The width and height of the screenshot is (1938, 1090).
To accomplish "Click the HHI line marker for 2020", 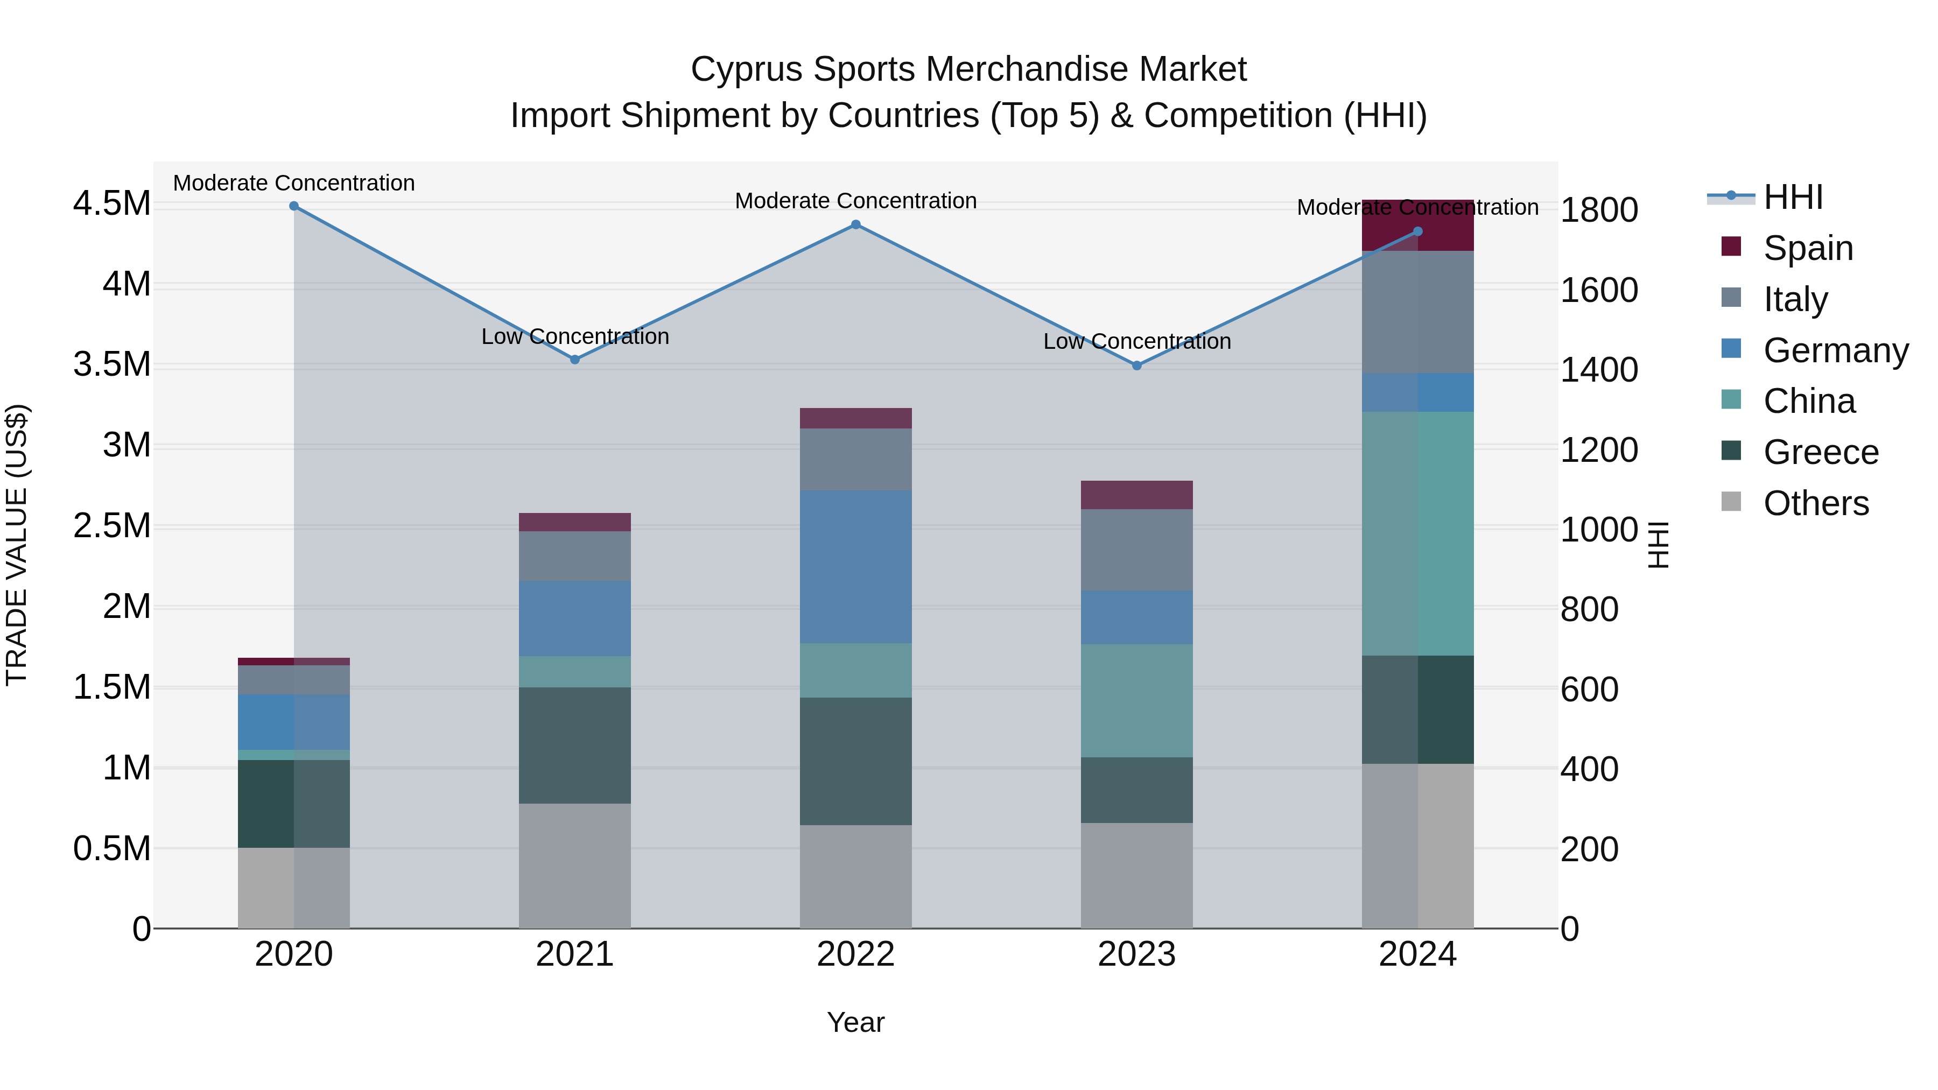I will pos(294,206).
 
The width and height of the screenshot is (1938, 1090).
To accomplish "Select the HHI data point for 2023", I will pos(1137,365).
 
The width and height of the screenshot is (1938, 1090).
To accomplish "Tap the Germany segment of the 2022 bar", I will pos(855,566).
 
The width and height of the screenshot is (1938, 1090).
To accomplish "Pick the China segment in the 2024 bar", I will pos(1417,533).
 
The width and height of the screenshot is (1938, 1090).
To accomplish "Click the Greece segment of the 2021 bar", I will pos(575,745).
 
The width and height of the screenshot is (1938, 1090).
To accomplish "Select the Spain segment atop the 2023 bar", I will pos(1137,495).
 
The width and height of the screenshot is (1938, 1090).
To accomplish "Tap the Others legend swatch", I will pos(1731,502).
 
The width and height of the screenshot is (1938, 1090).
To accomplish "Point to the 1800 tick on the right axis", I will pos(1599,210).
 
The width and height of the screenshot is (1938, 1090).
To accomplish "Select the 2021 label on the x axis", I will pos(575,954).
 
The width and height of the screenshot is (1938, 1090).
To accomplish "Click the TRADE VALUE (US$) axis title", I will pos(17,545).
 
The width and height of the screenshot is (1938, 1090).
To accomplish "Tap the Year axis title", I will pos(855,1022).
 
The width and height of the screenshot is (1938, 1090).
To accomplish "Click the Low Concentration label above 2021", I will pos(575,336).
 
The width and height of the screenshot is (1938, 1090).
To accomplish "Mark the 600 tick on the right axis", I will pos(1589,690).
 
